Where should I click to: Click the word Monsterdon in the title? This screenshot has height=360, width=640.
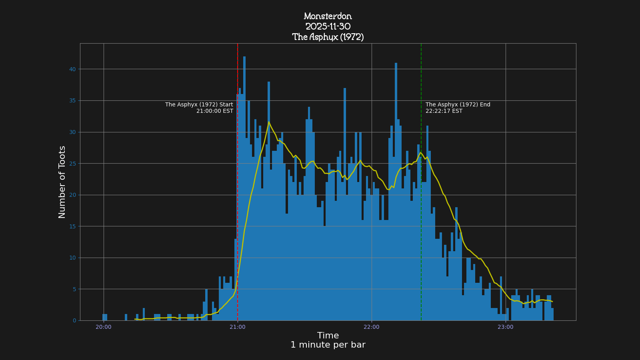click(328, 16)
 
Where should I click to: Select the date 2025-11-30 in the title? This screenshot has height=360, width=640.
click(328, 27)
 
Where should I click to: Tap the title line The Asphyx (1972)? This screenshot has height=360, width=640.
click(328, 37)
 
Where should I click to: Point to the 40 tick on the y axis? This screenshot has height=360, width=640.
click(72, 69)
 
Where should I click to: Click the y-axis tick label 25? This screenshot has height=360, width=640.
click(72, 164)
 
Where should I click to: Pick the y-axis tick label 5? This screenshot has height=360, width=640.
click(74, 289)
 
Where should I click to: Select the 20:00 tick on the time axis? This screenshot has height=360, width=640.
click(104, 327)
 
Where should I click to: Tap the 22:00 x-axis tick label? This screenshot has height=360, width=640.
click(372, 327)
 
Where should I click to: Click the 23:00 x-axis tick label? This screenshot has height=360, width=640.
click(506, 327)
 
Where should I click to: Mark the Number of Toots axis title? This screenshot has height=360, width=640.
click(62, 182)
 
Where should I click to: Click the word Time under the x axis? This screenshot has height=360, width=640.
click(328, 336)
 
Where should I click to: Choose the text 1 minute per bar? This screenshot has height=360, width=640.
click(328, 345)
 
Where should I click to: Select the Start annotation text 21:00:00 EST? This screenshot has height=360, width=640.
click(214, 111)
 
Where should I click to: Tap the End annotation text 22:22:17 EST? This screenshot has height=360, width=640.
click(444, 111)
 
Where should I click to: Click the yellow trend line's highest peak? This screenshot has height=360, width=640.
click(269, 122)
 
